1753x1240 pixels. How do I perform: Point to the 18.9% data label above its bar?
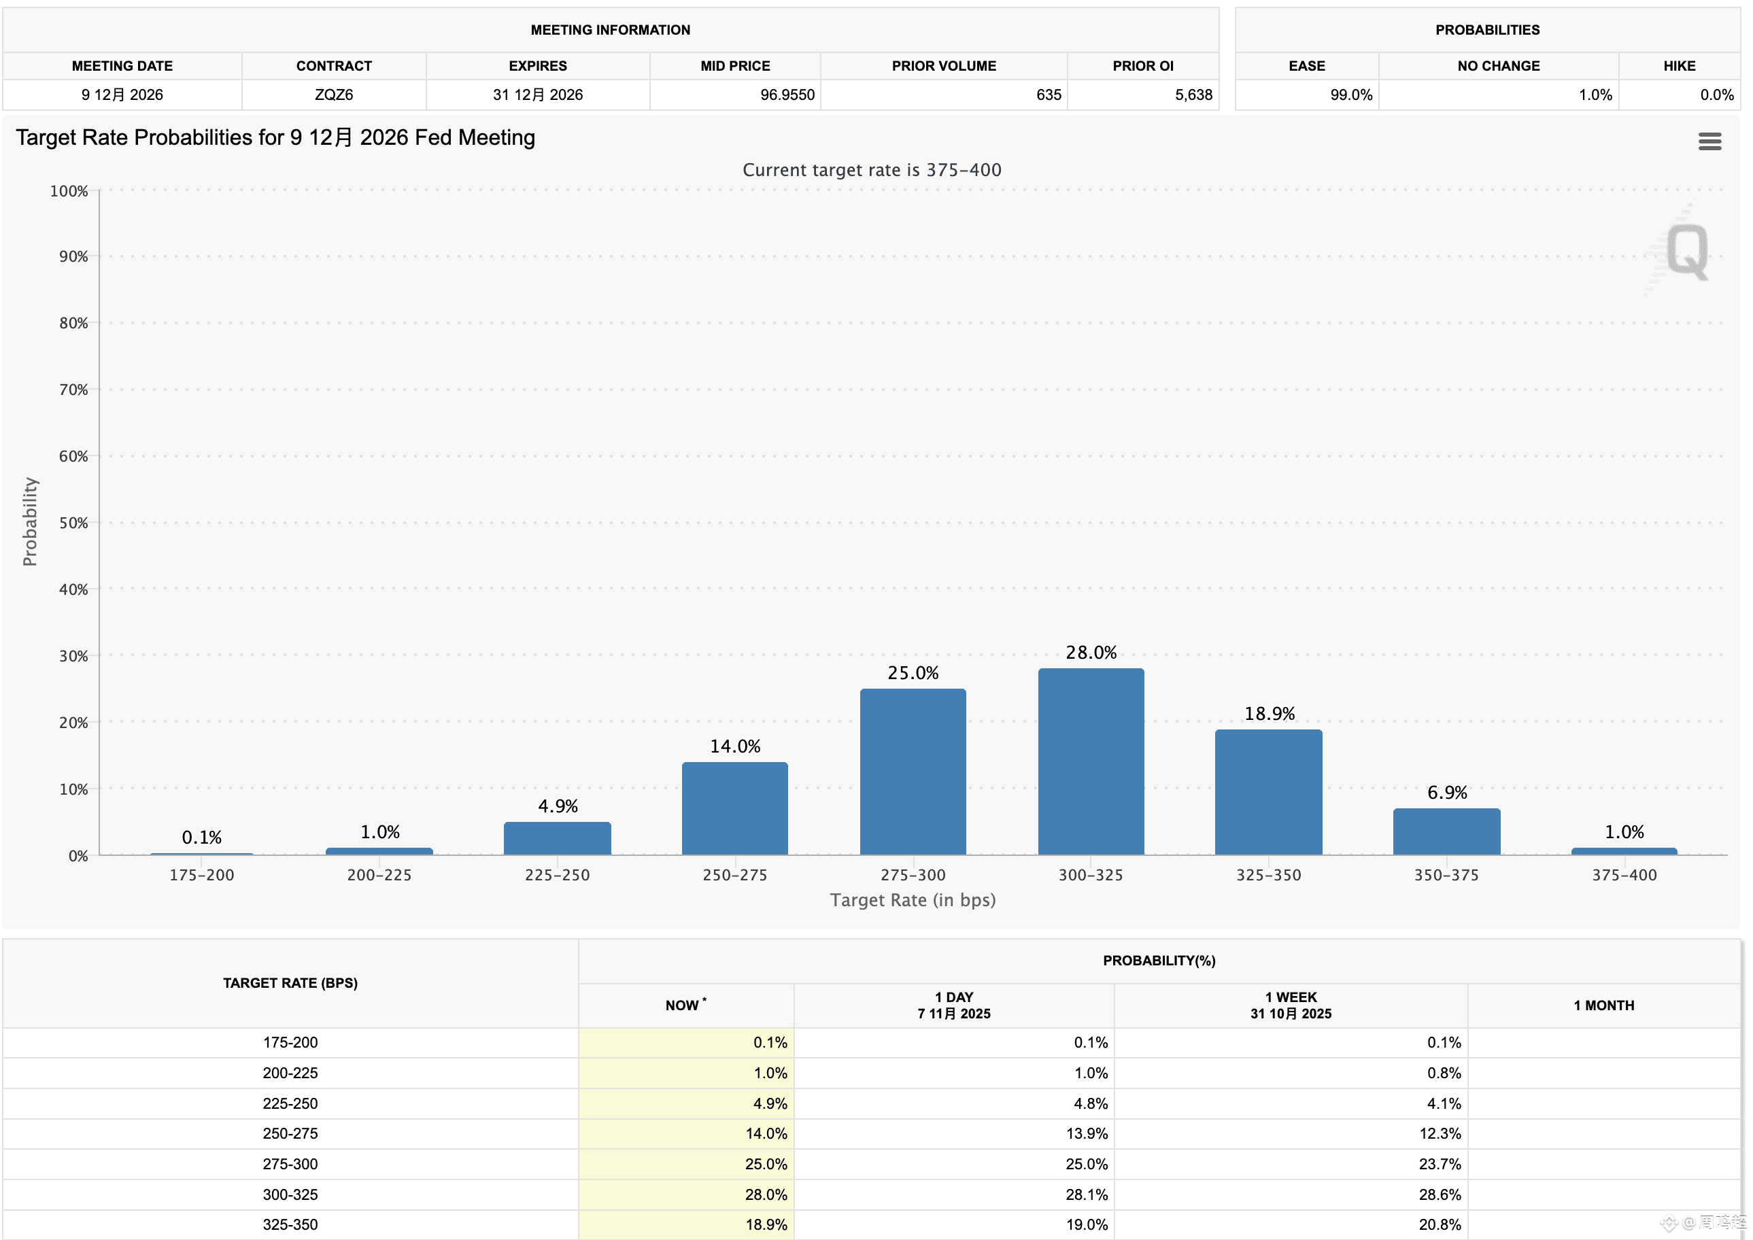(1269, 713)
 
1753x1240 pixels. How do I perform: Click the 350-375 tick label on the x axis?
(1446, 875)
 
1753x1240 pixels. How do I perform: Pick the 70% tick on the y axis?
(73, 390)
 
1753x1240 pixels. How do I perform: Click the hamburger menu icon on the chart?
(1709, 141)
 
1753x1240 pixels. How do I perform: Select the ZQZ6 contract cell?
(334, 94)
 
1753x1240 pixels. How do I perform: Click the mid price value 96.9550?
(787, 94)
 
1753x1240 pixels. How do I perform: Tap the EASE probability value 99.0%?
(1350, 94)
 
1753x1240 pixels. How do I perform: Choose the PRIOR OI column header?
(1142, 66)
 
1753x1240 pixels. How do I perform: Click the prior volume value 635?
(1049, 94)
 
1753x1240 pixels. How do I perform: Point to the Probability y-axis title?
(30, 521)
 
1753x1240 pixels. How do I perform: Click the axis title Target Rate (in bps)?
(913, 900)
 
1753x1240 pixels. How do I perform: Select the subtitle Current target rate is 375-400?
(872, 169)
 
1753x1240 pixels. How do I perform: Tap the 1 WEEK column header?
(1291, 1005)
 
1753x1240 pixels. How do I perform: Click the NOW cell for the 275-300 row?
(766, 1164)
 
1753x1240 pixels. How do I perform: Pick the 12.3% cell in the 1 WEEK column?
(1440, 1133)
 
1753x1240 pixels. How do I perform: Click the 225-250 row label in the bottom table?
(290, 1103)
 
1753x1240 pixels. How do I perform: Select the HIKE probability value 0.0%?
(1716, 94)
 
